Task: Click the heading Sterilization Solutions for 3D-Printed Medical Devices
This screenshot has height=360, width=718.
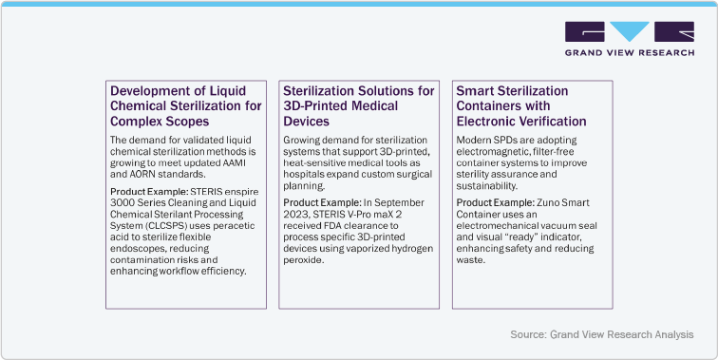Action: click(359, 106)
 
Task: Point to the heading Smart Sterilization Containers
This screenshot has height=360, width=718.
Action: click(521, 106)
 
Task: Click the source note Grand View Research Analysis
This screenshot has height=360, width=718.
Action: click(600, 334)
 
